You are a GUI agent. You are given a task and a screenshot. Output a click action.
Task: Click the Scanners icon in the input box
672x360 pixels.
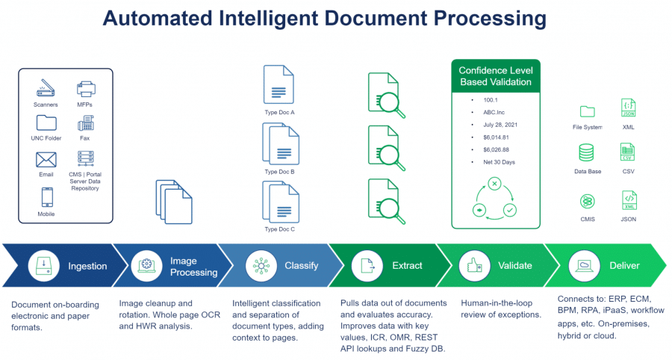(x=46, y=89)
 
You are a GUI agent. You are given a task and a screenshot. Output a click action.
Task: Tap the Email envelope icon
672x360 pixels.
(x=46, y=159)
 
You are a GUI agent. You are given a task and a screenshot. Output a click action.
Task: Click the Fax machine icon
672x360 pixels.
(x=85, y=123)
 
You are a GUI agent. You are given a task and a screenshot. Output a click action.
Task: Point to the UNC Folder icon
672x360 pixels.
(x=46, y=123)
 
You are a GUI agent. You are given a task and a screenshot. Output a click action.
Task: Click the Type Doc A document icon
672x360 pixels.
(x=279, y=84)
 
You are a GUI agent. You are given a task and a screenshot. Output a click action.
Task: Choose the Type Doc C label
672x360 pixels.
(x=280, y=229)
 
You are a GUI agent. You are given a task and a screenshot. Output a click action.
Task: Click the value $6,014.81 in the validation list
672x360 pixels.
(x=496, y=137)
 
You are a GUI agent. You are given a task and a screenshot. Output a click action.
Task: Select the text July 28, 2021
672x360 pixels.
(x=499, y=124)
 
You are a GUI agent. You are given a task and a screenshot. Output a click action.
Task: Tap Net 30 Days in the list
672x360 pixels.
(x=499, y=161)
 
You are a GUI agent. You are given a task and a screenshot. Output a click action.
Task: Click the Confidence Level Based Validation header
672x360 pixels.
(x=495, y=76)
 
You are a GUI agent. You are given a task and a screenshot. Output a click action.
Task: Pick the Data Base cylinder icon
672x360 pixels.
(x=588, y=154)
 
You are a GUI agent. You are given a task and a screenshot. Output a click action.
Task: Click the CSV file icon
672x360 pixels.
(x=628, y=153)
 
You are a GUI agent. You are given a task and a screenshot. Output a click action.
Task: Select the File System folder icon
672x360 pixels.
(x=588, y=111)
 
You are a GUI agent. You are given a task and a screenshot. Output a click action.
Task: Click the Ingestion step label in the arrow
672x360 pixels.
(x=87, y=266)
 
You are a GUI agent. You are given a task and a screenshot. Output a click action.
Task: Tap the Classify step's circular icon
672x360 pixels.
(x=261, y=266)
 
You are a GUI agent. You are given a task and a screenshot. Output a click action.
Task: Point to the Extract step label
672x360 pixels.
(x=407, y=266)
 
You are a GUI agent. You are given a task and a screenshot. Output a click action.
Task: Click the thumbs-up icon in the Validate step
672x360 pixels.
(x=473, y=266)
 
